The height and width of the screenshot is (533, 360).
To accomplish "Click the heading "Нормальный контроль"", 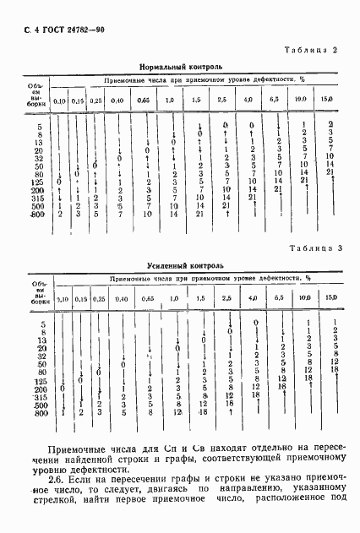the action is click(181, 65).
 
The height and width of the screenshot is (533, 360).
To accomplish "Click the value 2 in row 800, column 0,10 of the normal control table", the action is click(60, 214).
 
